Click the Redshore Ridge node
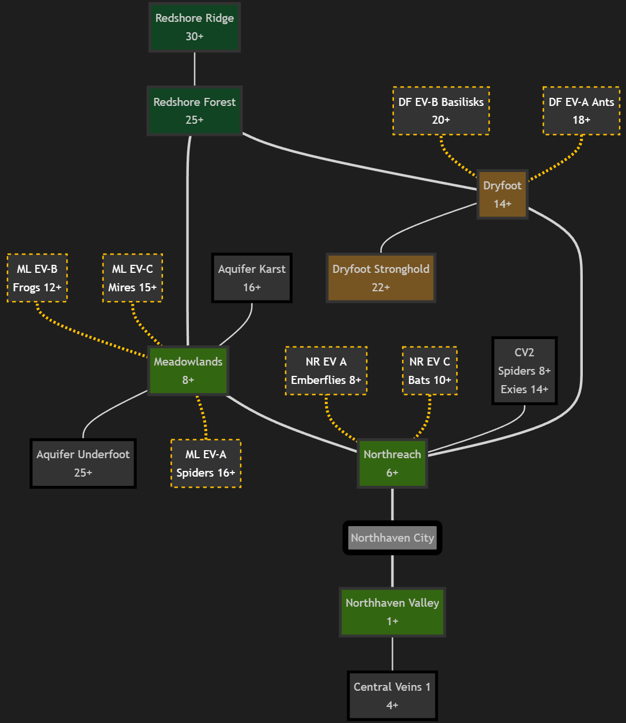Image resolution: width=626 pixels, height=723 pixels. click(x=195, y=27)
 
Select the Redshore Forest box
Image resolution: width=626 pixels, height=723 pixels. click(x=195, y=111)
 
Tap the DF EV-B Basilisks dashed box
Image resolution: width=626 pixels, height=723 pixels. click(x=441, y=111)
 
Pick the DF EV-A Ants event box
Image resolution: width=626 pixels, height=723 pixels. click(x=581, y=111)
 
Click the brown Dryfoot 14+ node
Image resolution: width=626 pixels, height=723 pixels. click(x=502, y=195)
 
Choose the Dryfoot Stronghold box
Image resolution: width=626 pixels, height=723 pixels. click(x=381, y=278)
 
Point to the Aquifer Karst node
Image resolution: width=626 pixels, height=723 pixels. click(x=252, y=278)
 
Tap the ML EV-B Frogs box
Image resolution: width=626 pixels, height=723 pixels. click(x=37, y=278)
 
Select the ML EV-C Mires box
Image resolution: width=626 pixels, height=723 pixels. click(x=132, y=278)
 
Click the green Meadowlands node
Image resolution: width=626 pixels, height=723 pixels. click(x=188, y=371)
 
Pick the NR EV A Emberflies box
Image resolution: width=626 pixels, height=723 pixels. click(x=326, y=371)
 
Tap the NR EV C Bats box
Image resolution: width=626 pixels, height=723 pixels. click(x=430, y=371)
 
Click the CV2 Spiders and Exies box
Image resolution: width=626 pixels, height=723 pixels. click(x=524, y=371)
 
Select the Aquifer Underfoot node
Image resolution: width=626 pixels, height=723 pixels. click(x=83, y=463)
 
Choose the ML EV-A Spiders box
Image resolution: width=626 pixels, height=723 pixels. click(x=206, y=463)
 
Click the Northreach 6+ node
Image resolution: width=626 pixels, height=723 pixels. click(x=392, y=463)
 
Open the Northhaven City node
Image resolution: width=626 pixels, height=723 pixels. click(x=392, y=538)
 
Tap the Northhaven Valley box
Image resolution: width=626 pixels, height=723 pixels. click(x=392, y=612)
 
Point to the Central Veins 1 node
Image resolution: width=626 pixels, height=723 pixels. click(x=392, y=695)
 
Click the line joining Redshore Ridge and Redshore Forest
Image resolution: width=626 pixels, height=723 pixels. click(x=195, y=69)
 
